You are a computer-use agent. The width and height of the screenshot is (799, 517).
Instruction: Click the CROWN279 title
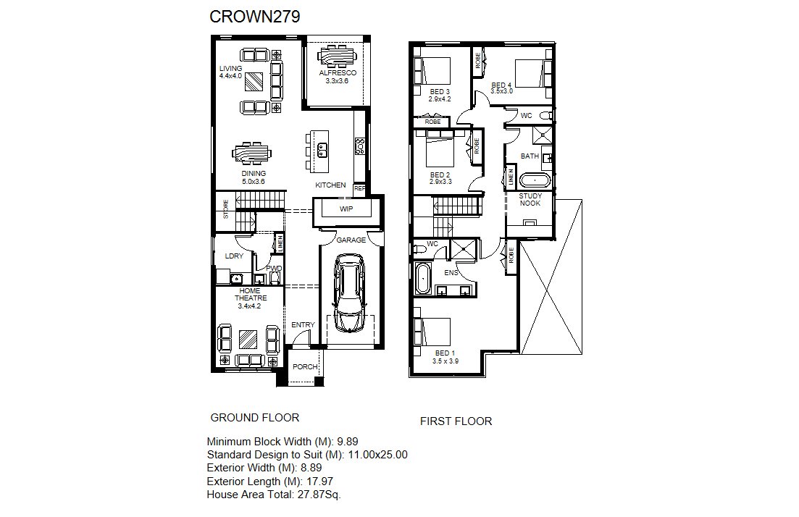tap(255, 17)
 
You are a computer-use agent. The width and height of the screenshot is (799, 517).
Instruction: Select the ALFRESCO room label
tap(338, 73)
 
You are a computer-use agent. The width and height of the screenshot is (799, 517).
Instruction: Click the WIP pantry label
tap(346, 209)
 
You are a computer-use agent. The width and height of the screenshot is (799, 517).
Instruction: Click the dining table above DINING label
tap(252, 154)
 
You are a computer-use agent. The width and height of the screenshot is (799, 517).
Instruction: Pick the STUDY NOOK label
tap(530, 200)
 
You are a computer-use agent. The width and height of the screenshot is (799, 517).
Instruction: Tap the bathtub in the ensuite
tap(423, 279)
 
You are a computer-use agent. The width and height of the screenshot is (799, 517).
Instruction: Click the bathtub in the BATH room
tap(535, 180)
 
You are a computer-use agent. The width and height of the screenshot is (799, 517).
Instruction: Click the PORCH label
tap(305, 366)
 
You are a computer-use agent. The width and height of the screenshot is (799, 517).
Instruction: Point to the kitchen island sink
tap(322, 150)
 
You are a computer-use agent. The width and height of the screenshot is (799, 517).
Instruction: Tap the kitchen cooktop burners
tap(360, 146)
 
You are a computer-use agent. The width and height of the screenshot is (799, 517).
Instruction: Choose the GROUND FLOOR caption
tap(255, 418)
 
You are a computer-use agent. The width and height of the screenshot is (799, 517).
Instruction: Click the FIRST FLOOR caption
tap(456, 421)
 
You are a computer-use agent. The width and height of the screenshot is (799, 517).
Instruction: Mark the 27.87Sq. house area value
tap(319, 495)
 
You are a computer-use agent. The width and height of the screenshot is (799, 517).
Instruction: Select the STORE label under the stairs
tap(226, 209)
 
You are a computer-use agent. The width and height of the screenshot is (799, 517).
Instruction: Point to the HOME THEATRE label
tap(250, 295)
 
